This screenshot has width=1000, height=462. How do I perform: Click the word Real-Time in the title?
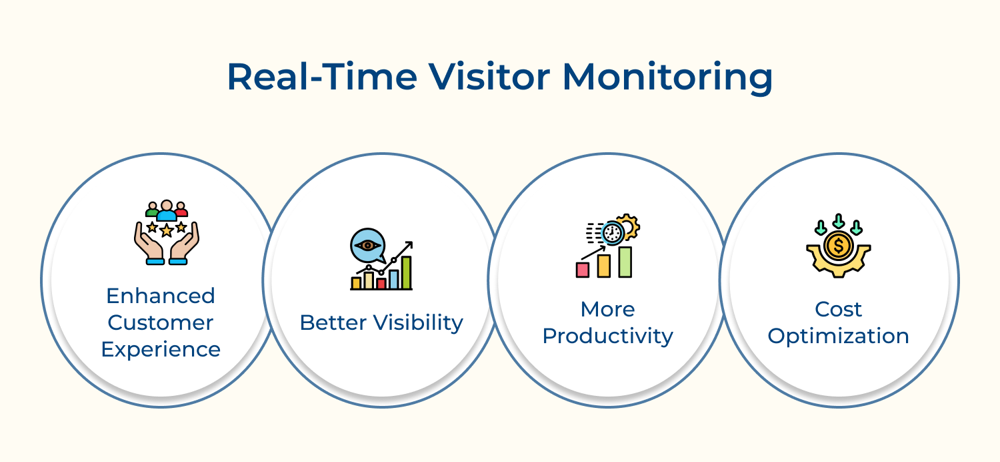tap(322, 77)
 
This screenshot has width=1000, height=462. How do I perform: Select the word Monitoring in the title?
tap(667, 79)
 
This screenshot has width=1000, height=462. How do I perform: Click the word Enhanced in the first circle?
tap(161, 296)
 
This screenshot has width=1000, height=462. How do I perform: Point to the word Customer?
tap(161, 322)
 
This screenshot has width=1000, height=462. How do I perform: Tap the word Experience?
tap(161, 350)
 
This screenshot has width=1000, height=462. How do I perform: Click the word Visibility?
tap(418, 323)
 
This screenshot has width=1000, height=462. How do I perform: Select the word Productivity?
tap(607, 336)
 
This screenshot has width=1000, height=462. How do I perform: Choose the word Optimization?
tap(839, 336)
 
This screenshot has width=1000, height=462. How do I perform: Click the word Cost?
tap(839, 309)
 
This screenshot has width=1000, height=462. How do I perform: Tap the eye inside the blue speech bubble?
tap(367, 245)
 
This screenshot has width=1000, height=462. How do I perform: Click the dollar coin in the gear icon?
tap(839, 246)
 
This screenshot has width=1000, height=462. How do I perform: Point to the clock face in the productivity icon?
tap(612, 233)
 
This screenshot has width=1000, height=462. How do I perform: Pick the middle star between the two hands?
tap(167, 231)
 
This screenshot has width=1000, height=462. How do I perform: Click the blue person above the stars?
tap(167, 210)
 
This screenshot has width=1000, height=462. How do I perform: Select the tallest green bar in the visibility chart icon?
tap(406, 273)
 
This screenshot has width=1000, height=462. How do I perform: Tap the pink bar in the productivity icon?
tap(583, 270)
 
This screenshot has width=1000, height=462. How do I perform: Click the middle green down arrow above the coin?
tap(839, 221)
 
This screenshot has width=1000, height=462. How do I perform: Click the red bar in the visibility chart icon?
tap(381, 284)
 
